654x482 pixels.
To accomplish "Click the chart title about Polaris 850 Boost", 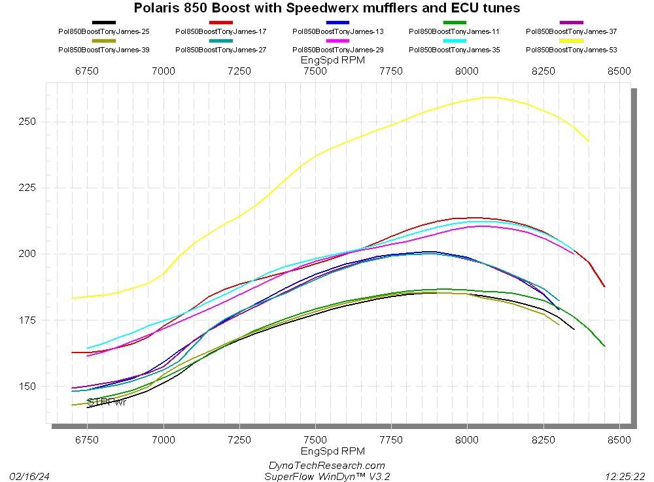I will click(x=327, y=9).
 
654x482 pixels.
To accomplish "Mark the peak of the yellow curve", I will click(x=488, y=97).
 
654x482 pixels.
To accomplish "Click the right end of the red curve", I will click(x=604, y=286).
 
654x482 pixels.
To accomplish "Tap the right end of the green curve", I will click(x=604, y=346).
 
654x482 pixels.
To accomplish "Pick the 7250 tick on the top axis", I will click(x=239, y=71).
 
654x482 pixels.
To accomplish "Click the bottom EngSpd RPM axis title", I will click(x=332, y=451).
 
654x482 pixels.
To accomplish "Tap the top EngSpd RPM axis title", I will click(x=332, y=60).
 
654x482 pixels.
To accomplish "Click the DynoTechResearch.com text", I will click(x=327, y=466).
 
